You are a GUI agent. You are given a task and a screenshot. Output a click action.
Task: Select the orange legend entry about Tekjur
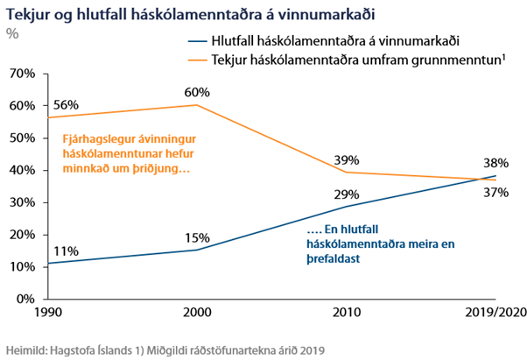click(346, 59)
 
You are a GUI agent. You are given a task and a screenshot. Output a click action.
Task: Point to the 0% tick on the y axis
click(24, 300)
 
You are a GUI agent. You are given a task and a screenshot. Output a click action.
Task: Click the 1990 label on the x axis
click(49, 313)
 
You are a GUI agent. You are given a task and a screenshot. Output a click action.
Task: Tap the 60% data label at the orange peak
click(197, 91)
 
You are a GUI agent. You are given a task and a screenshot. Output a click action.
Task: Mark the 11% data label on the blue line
click(66, 251)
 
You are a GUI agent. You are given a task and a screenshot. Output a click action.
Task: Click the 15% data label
click(197, 237)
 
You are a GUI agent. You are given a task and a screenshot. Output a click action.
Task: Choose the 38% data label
click(497, 163)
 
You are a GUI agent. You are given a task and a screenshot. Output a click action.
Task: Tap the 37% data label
click(497, 193)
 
